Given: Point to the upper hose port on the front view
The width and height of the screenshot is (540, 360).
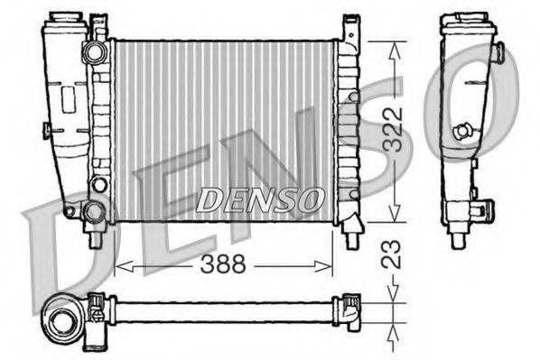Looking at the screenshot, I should pos(94,53).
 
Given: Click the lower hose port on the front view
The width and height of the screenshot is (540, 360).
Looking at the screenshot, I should pos(92,213).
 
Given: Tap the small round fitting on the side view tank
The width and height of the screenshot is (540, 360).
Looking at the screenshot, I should pos(462,131).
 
